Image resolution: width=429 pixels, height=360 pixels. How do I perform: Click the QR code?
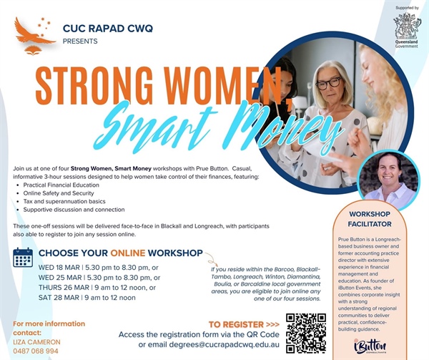click(306, 333)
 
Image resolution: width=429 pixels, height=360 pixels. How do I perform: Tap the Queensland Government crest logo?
click(408, 26)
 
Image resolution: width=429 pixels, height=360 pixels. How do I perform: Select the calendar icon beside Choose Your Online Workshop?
click(23, 257)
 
